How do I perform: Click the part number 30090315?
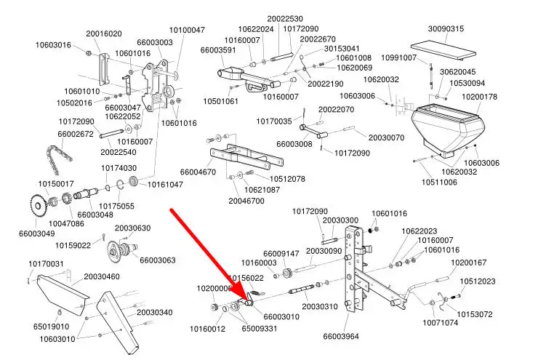[x=446, y=28]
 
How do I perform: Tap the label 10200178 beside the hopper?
[x=479, y=97]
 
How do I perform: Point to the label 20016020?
[x=104, y=33]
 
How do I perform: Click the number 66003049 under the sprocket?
[x=37, y=233]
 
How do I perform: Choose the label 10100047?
[x=188, y=30]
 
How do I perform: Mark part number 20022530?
[x=285, y=18]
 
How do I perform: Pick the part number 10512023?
[x=478, y=281]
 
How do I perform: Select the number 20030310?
[x=320, y=307]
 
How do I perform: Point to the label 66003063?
[x=158, y=260]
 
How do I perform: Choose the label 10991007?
[x=399, y=57]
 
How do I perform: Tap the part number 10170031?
[x=47, y=263]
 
